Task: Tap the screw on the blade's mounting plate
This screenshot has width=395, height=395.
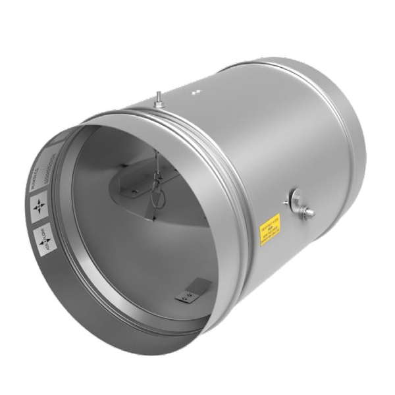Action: [x=134, y=192]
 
